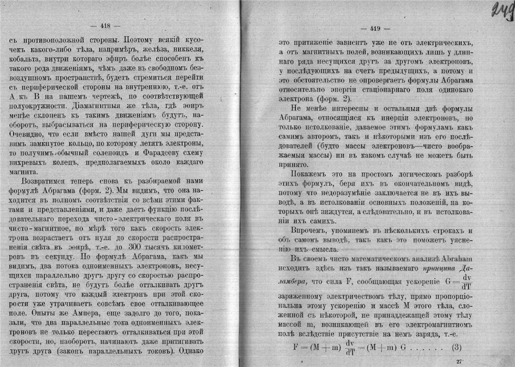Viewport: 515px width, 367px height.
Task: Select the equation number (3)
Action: point(457,347)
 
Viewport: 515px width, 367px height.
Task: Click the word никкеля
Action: point(186,49)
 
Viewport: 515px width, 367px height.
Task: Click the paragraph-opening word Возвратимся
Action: point(45,180)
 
